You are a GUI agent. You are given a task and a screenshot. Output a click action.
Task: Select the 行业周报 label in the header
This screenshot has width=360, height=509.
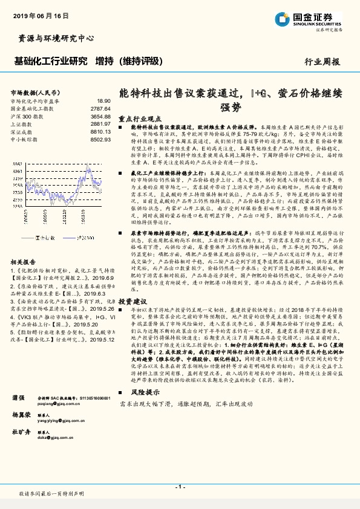tap(322, 62)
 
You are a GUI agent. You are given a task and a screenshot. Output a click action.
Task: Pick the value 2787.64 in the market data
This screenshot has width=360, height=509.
tap(100, 108)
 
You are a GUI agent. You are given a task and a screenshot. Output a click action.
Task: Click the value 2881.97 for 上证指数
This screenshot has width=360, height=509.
tap(100, 123)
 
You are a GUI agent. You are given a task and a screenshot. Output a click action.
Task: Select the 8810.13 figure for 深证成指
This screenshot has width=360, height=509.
tap(100, 131)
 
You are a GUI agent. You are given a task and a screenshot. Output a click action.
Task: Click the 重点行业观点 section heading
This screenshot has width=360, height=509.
tap(142, 119)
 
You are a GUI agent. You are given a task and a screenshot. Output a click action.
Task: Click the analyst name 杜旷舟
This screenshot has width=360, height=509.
tap(22, 432)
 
